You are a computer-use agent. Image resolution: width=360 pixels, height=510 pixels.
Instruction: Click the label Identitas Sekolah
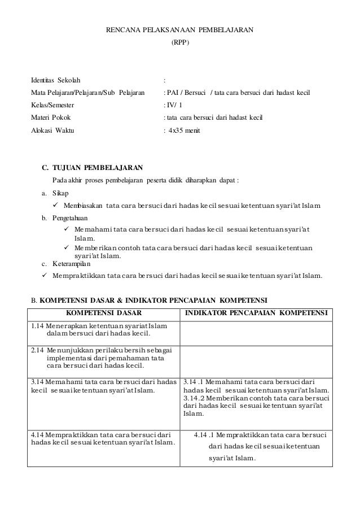pos(55,80)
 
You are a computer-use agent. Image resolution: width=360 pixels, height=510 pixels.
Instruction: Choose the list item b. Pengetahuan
pos(62,217)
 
